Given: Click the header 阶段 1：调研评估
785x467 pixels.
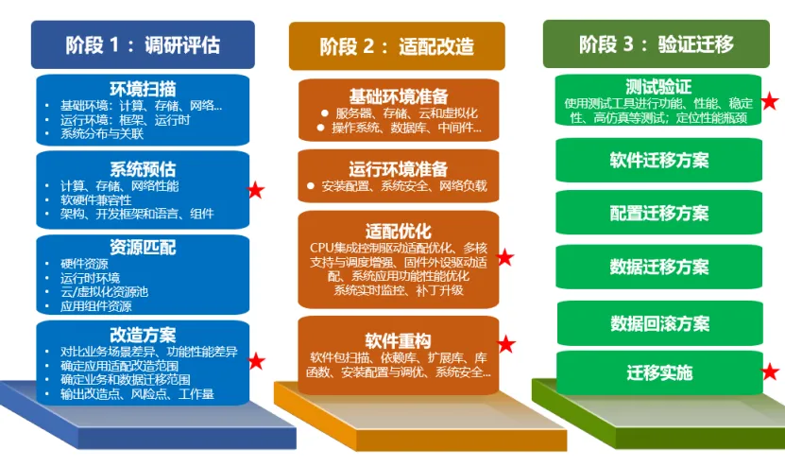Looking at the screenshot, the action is [x=143, y=44].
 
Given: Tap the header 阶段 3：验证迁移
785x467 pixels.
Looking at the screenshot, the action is [x=657, y=43].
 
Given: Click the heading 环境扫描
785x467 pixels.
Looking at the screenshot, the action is [x=143, y=89].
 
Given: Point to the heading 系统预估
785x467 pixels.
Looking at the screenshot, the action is [x=143, y=169].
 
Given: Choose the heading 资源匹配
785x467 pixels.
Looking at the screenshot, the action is [x=143, y=248].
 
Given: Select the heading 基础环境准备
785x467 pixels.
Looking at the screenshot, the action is [x=398, y=95].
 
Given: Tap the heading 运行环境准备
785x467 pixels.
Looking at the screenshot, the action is [x=398, y=168].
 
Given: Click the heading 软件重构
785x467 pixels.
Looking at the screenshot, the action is [x=398, y=340].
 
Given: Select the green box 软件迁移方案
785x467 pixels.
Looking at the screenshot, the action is [x=658, y=160].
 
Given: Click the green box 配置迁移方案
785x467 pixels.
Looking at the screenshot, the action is [x=658, y=213].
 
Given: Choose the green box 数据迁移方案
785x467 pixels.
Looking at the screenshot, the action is [x=658, y=267].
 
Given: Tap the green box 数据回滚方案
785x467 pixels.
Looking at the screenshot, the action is [x=658, y=323].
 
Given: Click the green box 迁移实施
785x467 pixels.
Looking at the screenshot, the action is [x=658, y=372].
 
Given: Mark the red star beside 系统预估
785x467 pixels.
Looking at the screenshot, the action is [x=256, y=191].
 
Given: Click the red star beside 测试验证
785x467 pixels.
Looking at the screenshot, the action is [x=770, y=101].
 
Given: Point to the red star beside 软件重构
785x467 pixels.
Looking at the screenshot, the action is [x=507, y=344].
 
